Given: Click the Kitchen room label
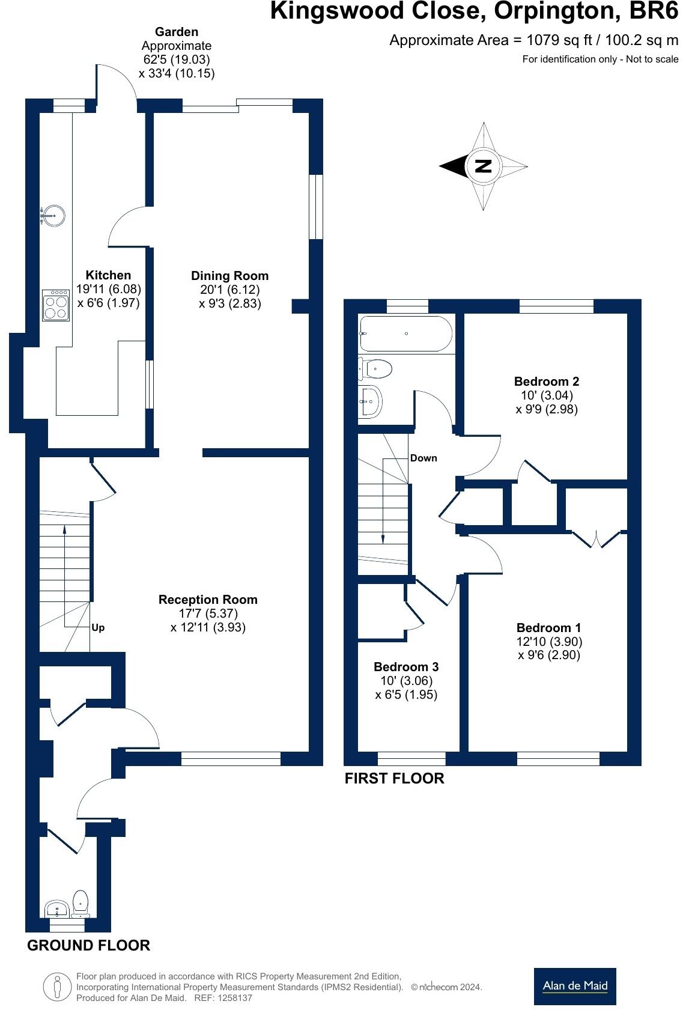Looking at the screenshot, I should (108, 275).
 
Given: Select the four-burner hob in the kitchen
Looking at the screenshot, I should (56, 305).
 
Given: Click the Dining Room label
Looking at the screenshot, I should (229, 276).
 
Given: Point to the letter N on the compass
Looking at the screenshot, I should (483, 166).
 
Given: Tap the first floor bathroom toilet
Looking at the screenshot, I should (377, 368).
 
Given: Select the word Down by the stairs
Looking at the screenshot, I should (423, 458).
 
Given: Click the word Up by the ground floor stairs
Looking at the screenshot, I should (98, 627).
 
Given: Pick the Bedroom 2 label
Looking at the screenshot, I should (546, 382).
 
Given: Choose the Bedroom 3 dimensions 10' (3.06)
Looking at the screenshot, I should (406, 681).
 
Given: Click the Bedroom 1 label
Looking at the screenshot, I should (548, 628).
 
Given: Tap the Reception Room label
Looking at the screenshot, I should (208, 600).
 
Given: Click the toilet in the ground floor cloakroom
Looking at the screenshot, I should (80, 901).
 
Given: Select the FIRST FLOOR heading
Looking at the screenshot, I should (394, 779).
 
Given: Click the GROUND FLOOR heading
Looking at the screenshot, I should (88, 945).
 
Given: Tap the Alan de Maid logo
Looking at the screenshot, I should (575, 986).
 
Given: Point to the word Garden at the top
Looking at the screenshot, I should (176, 32).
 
